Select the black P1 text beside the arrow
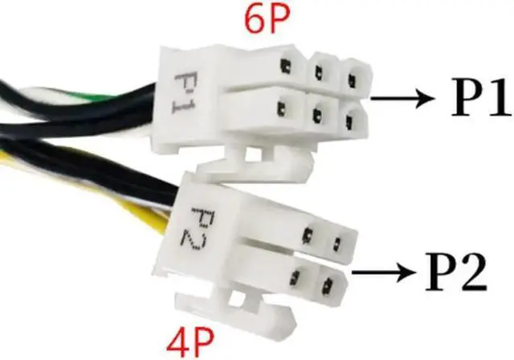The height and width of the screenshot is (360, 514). click(x=471, y=99)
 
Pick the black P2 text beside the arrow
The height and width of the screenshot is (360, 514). click(x=451, y=276)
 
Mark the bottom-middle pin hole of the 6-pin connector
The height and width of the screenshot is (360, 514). click(x=319, y=111)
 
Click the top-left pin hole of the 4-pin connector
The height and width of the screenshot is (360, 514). click(x=308, y=235)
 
